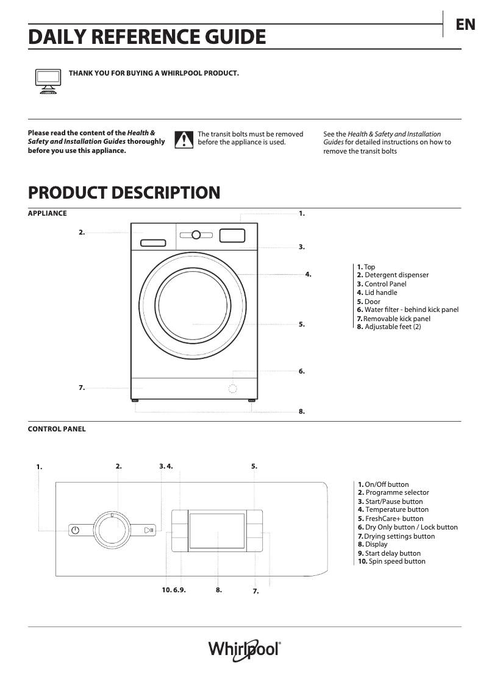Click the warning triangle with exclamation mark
click(x=184, y=140)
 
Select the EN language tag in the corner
click(x=465, y=25)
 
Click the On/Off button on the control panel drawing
click(x=74, y=530)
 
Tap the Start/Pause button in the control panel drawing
click(x=149, y=530)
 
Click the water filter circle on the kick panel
click(x=233, y=388)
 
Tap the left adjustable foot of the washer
click(x=135, y=401)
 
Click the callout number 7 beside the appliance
click(x=81, y=388)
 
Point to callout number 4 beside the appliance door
click(x=309, y=274)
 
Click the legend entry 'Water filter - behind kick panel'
click(x=408, y=310)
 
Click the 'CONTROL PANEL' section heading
click(x=57, y=429)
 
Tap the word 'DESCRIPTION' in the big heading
click(x=163, y=193)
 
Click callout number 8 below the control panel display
click(x=218, y=590)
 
